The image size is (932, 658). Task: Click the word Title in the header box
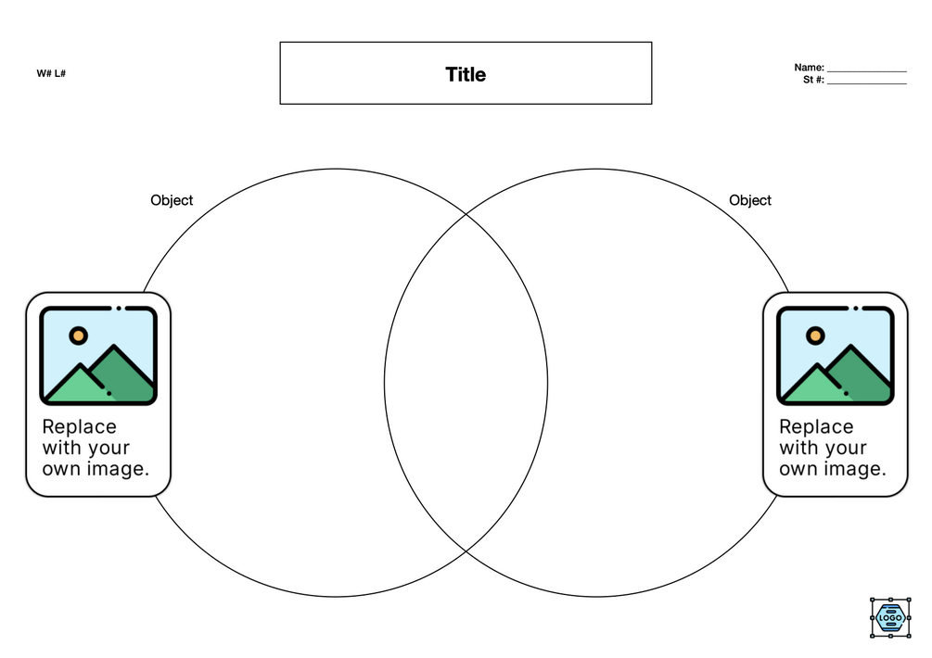466,74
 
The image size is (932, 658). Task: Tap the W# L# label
51,73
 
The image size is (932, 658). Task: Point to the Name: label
809,68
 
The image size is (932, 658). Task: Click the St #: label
813,80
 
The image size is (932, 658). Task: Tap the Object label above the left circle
172,200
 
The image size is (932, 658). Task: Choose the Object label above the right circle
750,200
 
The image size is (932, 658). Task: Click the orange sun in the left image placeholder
78,335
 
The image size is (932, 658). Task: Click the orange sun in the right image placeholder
815,335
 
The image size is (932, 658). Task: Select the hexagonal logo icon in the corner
891,617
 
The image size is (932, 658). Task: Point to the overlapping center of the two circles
466,383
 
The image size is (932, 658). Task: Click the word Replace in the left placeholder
80,426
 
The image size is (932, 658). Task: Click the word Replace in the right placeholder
816,426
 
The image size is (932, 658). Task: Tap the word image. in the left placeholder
118,469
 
